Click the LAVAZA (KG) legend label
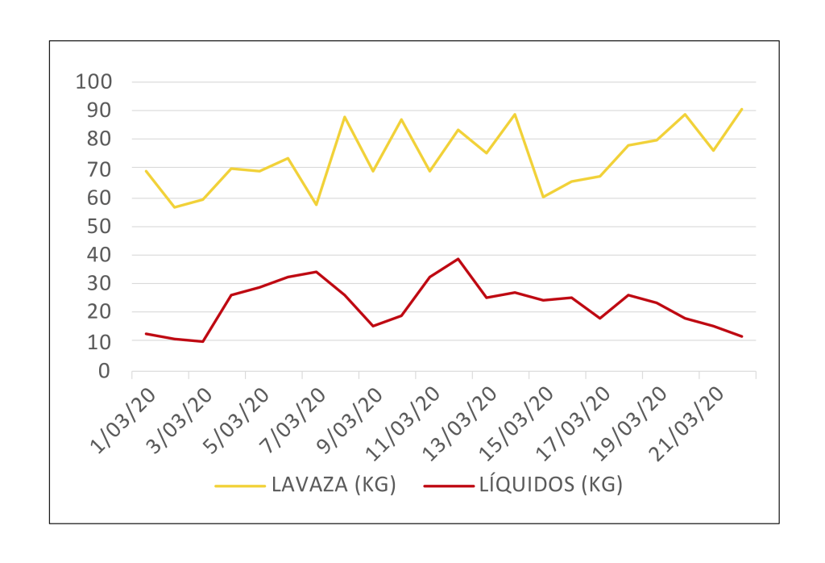point(333,486)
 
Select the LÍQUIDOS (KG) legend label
point(551,486)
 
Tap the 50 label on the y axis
point(98,227)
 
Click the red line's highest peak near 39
point(458,259)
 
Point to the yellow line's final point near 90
point(741,109)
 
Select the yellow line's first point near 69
point(146,171)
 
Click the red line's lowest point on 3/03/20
point(203,341)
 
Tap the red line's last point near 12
point(741,336)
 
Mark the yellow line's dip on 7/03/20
point(316,204)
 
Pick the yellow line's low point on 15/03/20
point(543,197)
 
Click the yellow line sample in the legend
point(239,486)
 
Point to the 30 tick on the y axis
point(98,284)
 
